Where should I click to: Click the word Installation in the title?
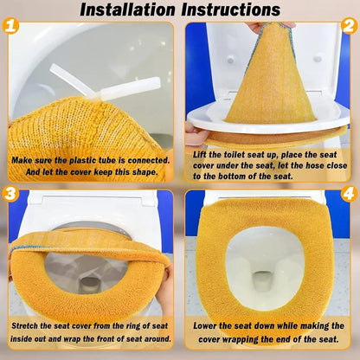(x=127, y=10)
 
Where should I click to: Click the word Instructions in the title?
(x=231, y=10)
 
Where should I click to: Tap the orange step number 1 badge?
(x=10, y=25)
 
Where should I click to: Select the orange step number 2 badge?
(x=349, y=26)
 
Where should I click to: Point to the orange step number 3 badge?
(x=10, y=194)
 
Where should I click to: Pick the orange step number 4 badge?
(x=349, y=194)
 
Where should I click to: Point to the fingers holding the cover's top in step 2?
(x=270, y=27)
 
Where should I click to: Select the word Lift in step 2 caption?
(x=200, y=155)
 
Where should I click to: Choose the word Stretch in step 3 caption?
(x=25, y=326)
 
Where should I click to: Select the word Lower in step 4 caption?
(x=205, y=326)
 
